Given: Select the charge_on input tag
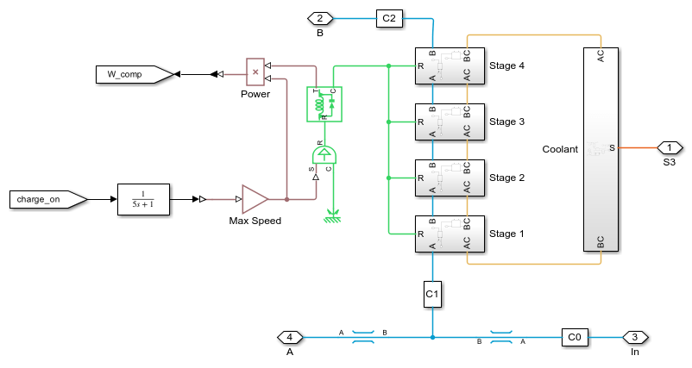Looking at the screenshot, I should (48, 199).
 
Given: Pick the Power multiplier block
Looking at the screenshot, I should (255, 72).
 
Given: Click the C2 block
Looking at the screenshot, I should (389, 18).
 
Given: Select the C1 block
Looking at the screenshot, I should (432, 294).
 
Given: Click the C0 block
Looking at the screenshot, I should (576, 337).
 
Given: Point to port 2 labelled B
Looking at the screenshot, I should (319, 18).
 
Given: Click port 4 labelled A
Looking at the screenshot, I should (289, 337).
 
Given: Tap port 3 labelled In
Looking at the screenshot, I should (635, 337).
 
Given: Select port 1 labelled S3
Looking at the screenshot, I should (670, 147).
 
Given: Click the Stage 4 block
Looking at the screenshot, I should (450, 65).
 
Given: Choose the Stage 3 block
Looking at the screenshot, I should (450, 122).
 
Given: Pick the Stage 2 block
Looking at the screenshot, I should (450, 178).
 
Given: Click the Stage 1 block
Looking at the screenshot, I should (450, 234).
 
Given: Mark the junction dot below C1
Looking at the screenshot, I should (432, 337).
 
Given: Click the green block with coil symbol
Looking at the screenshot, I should (324, 103).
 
